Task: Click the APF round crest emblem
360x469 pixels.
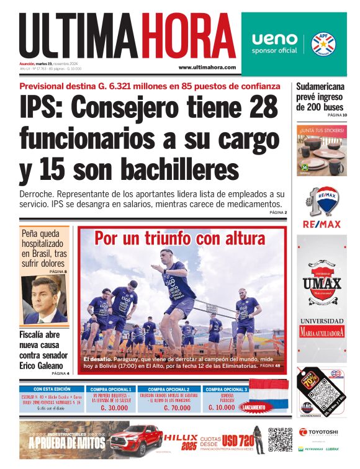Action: tap(323, 43)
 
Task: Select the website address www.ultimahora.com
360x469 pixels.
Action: tap(207, 67)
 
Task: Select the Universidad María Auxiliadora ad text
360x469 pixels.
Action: tap(322, 328)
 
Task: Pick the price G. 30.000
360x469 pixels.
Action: tap(111, 408)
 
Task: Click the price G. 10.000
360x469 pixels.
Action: tap(222, 408)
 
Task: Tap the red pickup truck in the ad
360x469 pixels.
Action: tap(137, 439)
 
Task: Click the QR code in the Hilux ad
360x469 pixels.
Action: tap(280, 439)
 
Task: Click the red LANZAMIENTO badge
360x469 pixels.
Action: tap(255, 408)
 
